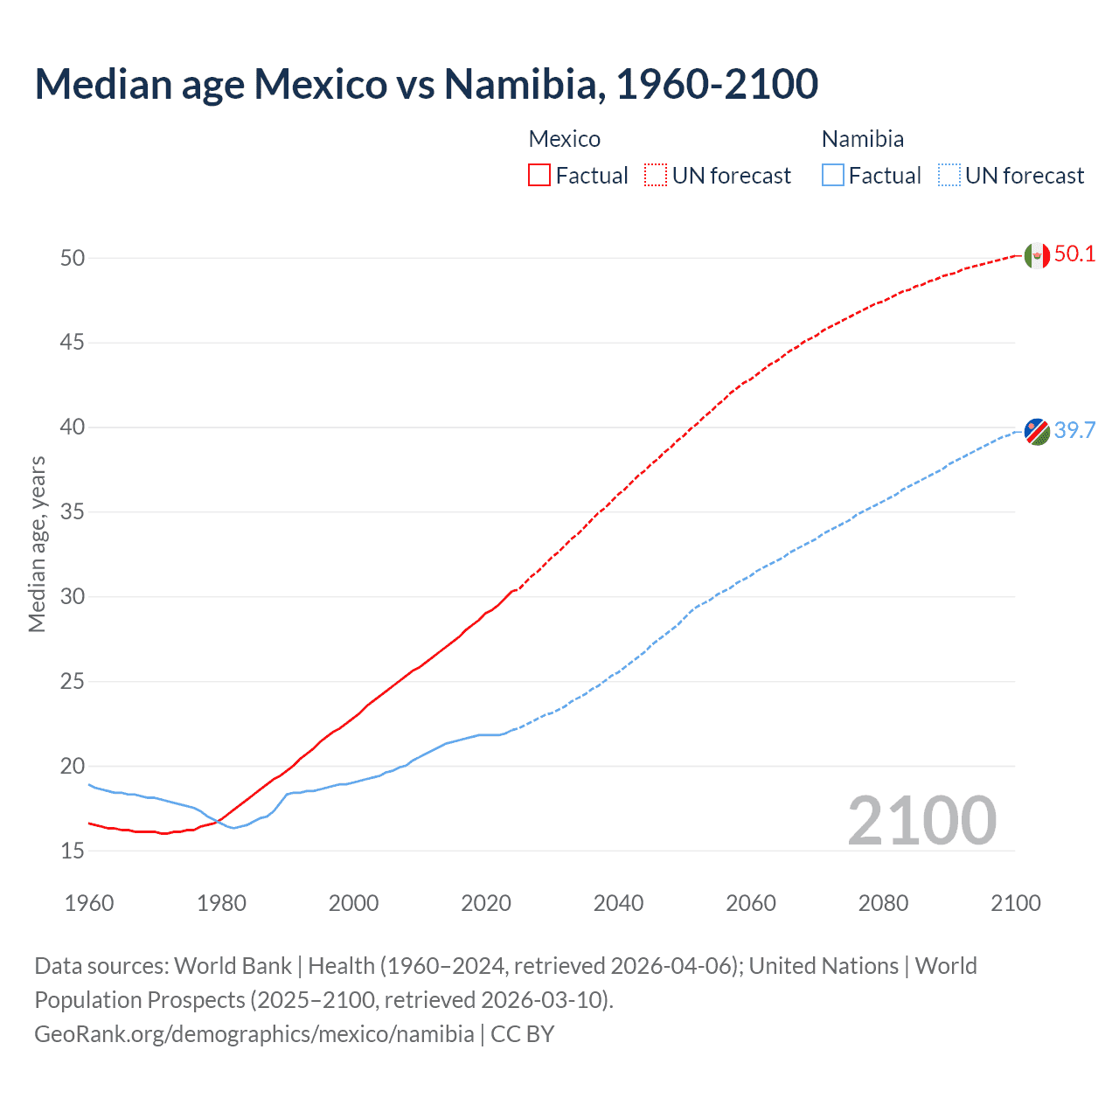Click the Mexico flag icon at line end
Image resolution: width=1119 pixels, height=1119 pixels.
[x=1036, y=255]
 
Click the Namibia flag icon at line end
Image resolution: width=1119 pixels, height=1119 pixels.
[x=1036, y=431]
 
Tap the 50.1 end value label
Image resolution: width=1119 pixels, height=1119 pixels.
[x=1074, y=254]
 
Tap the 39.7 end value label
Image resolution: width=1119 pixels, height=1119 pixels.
[x=1074, y=430]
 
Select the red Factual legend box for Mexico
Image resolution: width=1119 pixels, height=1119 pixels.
[x=539, y=176]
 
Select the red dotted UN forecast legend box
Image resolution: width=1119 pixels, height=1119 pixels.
[x=656, y=176]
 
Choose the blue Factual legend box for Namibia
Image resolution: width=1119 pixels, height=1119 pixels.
[x=833, y=176]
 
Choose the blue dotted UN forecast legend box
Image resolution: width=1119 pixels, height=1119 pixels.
[x=949, y=176]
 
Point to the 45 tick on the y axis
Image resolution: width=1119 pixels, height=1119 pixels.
[x=73, y=343]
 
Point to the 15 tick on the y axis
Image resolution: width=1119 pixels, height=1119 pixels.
[x=73, y=851]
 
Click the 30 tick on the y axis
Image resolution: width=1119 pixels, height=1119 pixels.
[x=73, y=597]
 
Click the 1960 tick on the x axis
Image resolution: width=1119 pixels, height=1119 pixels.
[x=89, y=903]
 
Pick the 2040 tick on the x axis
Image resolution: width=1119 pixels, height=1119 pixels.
[x=618, y=903]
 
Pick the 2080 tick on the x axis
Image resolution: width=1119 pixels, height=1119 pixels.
[x=883, y=903]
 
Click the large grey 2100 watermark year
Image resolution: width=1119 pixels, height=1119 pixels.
[x=921, y=820]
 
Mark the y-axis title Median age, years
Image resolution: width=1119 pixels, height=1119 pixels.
[x=37, y=544]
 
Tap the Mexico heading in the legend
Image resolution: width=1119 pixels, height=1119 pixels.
[x=565, y=139]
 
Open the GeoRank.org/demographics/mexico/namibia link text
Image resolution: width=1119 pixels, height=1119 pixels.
[x=254, y=1034]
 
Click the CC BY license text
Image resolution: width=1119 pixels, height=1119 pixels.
[x=523, y=1034]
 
